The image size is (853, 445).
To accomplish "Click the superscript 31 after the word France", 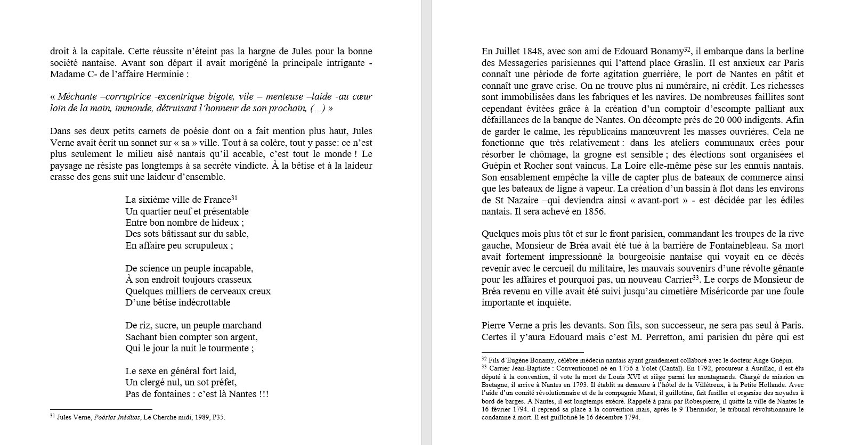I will pyautogui.click(x=234, y=198).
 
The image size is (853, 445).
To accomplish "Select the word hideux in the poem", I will pyautogui.click(x=224, y=222).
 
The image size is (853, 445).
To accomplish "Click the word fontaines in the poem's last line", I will pyautogui.click(x=171, y=394).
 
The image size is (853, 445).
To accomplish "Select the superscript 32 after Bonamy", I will pyautogui.click(x=687, y=50).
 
